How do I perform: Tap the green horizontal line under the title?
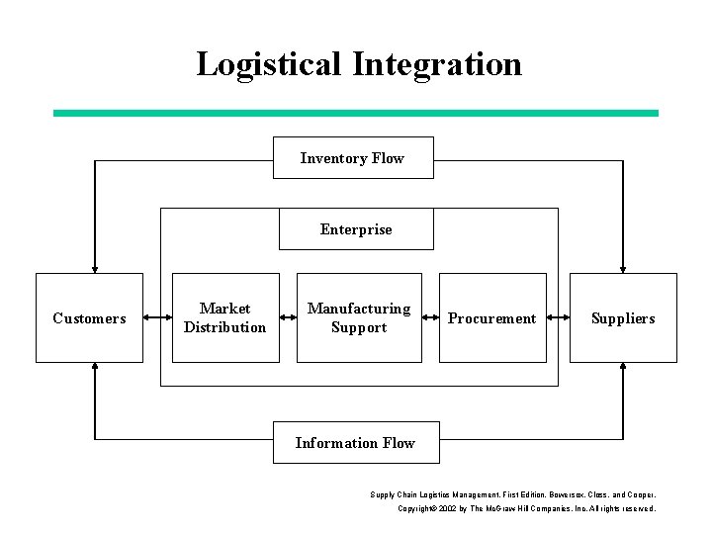[x=355, y=114]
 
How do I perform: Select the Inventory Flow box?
[x=353, y=158]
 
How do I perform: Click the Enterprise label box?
[x=355, y=229]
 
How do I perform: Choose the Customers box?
[x=89, y=318]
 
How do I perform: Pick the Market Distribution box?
[x=225, y=318]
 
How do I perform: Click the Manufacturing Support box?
[x=359, y=318]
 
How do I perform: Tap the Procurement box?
[x=491, y=318]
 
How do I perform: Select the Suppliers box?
[x=623, y=318]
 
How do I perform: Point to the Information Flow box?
[x=355, y=443]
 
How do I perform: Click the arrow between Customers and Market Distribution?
[x=157, y=318]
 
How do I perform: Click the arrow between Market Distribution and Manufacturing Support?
[x=289, y=318]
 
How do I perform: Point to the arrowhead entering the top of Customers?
[x=95, y=267]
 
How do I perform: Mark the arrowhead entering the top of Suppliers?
[x=623, y=267]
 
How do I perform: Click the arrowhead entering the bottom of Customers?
[x=95, y=369]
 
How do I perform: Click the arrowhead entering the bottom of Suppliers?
[x=623, y=369]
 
